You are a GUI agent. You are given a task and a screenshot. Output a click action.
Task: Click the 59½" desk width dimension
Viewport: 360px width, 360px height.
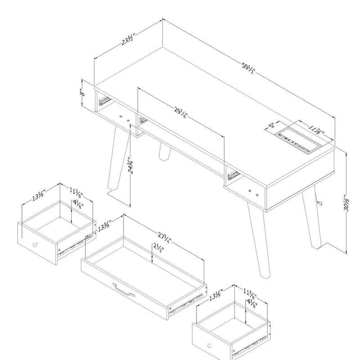(x=249, y=69)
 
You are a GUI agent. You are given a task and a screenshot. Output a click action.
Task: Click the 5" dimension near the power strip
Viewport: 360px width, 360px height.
(x=271, y=125)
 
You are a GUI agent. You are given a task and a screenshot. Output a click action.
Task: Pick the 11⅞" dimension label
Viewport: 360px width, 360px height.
(x=315, y=130)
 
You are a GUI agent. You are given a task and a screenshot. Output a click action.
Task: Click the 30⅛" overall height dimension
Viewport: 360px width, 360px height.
(x=346, y=205)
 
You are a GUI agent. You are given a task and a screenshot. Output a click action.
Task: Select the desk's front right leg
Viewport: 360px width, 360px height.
(x=257, y=243)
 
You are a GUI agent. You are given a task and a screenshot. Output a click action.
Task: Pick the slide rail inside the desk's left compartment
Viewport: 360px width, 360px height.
(x=104, y=99)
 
